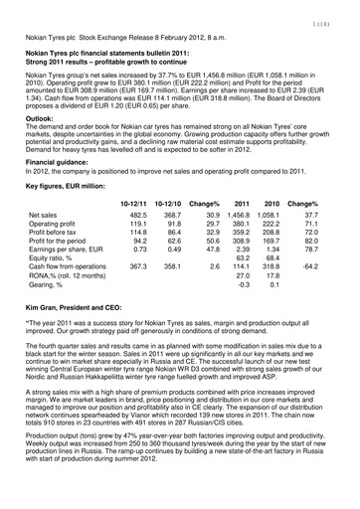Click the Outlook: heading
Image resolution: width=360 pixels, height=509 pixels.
coord(44,117)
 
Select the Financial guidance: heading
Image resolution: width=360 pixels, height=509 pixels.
coord(66,160)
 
